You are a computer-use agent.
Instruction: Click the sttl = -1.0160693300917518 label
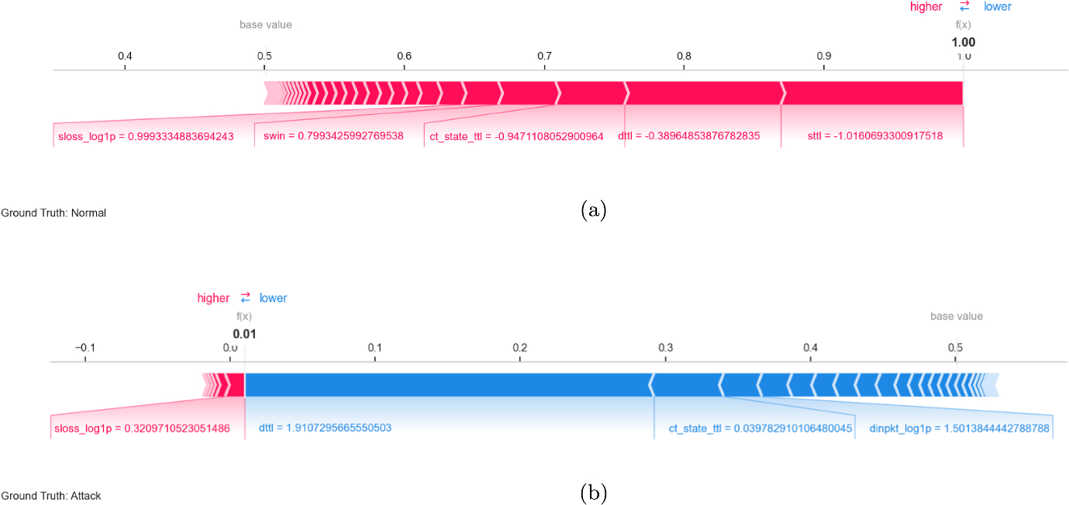(x=874, y=136)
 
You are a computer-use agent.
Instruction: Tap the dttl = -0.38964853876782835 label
(x=688, y=136)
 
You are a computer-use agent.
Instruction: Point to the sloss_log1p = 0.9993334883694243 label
(x=146, y=136)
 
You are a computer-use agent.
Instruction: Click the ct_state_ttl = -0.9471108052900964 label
(x=516, y=136)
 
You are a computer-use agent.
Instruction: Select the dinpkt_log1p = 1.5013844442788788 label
(x=960, y=428)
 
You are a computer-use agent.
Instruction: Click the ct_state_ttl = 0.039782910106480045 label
(x=760, y=428)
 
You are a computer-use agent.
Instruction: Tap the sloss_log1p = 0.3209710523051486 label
(x=142, y=428)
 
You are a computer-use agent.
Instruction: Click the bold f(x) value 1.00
(x=964, y=43)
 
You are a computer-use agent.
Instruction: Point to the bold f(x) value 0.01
(x=244, y=334)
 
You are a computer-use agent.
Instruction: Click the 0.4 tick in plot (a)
(x=124, y=57)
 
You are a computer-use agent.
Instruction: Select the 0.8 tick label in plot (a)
(x=684, y=57)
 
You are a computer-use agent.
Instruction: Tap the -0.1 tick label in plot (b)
(x=84, y=348)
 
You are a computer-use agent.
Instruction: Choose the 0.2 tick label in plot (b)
(x=520, y=348)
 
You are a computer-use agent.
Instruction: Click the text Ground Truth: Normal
(x=53, y=213)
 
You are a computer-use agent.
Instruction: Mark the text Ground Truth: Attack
(x=51, y=496)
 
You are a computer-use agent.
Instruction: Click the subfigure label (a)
(x=593, y=210)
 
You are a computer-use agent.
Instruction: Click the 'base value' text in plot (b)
(x=957, y=316)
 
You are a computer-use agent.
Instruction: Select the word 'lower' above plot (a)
(x=998, y=7)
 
